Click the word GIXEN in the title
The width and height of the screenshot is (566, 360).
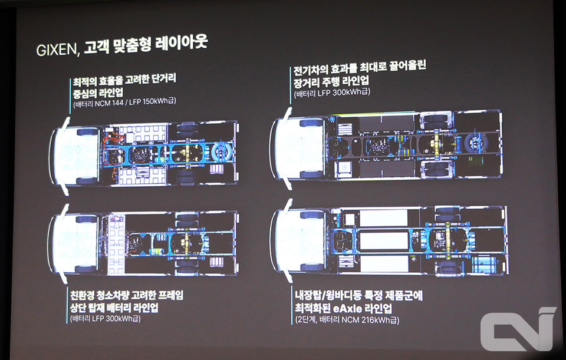(57, 49)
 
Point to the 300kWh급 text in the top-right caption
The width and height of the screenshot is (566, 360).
(351, 93)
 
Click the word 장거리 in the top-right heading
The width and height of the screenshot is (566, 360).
(306, 82)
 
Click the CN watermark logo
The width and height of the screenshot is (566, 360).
(518, 329)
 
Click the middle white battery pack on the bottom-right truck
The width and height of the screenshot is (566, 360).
(384, 240)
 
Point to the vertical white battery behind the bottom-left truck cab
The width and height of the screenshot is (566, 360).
(116, 244)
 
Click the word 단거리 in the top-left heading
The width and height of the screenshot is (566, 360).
(163, 79)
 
